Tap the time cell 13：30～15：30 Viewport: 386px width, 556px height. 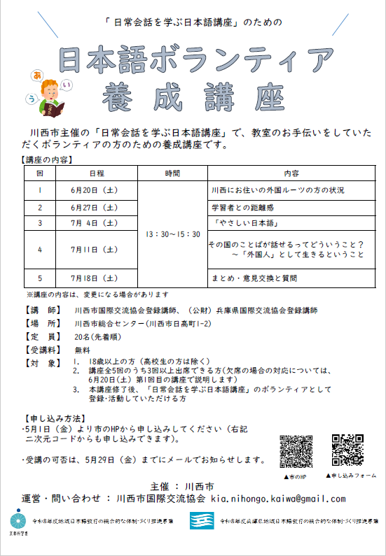172,234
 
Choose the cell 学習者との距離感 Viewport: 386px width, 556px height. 242,208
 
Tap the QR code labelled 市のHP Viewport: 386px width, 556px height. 295,451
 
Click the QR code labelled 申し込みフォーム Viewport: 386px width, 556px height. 347,451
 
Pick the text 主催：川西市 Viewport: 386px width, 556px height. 192,485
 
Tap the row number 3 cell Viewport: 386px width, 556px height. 40,224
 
